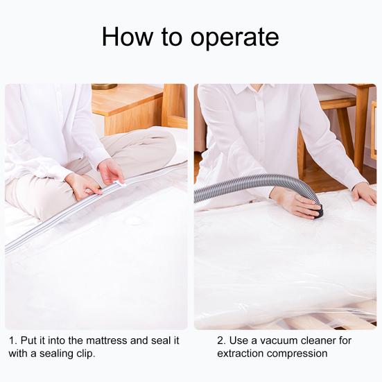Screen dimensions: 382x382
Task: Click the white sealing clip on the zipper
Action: click(x=119, y=185)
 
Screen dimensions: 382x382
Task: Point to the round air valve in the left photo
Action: click(x=133, y=221)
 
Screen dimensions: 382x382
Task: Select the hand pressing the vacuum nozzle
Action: click(x=295, y=202)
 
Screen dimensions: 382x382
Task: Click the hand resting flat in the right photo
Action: click(x=363, y=192)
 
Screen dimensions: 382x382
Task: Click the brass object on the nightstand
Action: click(x=105, y=87)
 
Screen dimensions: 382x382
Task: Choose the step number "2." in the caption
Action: click(x=222, y=340)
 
